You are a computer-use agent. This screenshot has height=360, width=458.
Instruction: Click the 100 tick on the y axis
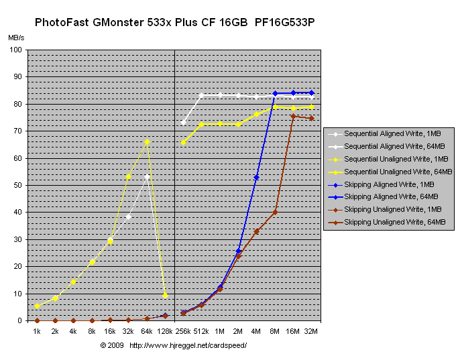16,50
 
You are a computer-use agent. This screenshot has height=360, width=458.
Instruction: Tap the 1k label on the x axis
37,331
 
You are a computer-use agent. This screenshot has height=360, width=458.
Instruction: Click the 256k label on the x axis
184,331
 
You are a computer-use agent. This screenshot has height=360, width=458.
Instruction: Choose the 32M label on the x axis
311,331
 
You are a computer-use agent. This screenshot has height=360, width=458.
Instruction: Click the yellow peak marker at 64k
147,141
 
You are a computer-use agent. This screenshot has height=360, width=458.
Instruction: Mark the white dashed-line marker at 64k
147,176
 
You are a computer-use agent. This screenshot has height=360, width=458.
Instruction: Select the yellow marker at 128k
165,295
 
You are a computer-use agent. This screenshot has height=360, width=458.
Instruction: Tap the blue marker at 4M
256,177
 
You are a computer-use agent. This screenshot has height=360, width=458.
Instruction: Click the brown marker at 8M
275,213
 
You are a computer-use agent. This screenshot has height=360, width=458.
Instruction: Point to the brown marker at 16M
293,116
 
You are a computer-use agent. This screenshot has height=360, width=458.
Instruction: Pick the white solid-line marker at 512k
201,95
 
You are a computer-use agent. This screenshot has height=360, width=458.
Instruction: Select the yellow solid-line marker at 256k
183,142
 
